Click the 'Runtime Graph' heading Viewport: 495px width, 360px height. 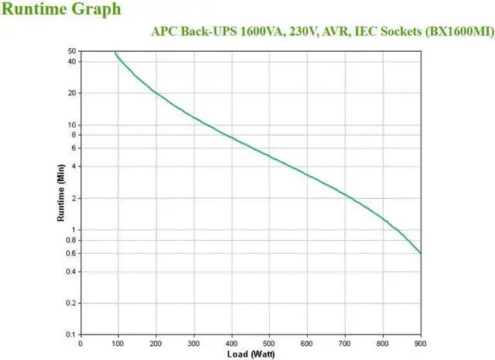61,10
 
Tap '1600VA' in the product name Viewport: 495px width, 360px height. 242,32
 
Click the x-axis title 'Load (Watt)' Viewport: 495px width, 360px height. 250,354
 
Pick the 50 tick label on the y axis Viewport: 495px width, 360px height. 70,51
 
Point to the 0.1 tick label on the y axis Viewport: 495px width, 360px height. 69,334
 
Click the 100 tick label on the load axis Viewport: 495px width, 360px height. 118,342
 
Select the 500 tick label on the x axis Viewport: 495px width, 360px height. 269,342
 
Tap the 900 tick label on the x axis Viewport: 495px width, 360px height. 421,342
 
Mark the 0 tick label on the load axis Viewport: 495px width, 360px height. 80,342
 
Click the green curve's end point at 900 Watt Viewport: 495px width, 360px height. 421,252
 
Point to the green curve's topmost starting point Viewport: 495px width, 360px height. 115,52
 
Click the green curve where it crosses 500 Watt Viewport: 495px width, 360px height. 269,156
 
